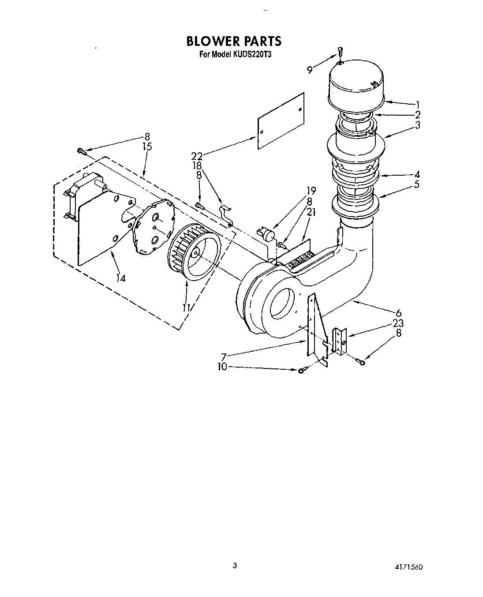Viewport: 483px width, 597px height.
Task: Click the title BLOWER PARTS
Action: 233,41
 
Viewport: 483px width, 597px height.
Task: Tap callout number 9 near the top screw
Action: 310,69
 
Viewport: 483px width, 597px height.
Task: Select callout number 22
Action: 197,155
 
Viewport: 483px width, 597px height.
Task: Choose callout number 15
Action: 147,146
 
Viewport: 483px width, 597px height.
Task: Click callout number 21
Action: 312,212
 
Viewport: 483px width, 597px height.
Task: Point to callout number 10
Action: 222,366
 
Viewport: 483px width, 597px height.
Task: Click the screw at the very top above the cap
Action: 340,51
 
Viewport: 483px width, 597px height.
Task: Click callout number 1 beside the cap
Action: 417,105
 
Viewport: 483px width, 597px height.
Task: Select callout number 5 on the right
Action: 417,184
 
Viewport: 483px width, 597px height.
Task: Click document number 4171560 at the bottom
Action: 409,567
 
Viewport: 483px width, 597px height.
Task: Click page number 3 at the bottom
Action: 235,565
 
